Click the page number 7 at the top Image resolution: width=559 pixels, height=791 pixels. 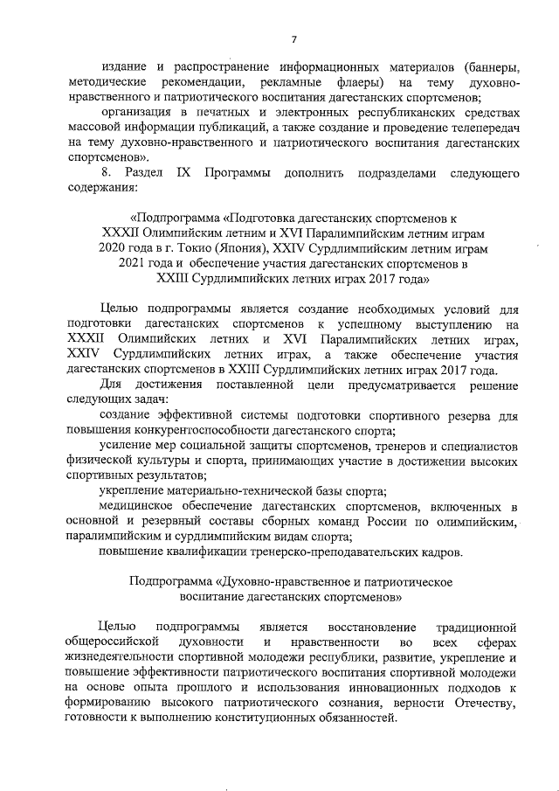(295, 38)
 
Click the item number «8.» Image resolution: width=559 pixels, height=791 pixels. (107, 172)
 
